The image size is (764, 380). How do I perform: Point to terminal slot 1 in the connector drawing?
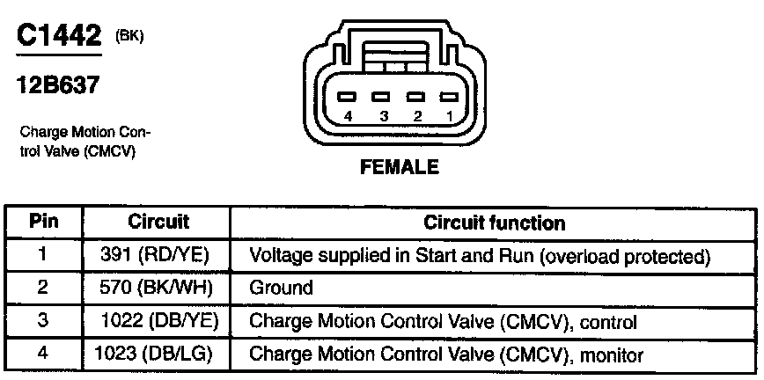pyautogui.click(x=449, y=97)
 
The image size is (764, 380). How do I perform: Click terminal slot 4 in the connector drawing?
pyautogui.click(x=349, y=97)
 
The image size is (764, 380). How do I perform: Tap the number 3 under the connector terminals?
pyautogui.click(x=382, y=116)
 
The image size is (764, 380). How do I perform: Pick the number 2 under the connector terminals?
pyautogui.click(x=416, y=116)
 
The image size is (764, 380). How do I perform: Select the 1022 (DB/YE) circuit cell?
pyautogui.click(x=158, y=321)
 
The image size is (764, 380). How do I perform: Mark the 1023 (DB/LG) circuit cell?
pyautogui.click(x=158, y=354)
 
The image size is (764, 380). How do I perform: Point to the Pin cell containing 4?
pyautogui.click(x=43, y=354)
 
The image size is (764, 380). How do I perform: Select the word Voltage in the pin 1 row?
pyautogui.click(x=279, y=256)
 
